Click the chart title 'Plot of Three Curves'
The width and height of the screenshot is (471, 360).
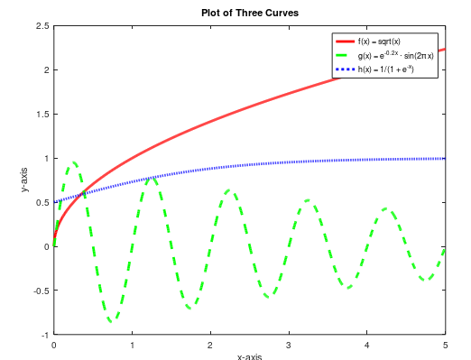pyautogui.click(x=249, y=13)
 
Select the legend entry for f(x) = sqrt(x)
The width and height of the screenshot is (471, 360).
pyautogui.click(x=381, y=42)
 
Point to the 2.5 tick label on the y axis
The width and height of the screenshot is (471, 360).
pyautogui.click(x=42, y=26)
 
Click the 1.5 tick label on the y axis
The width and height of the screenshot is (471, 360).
pyautogui.click(x=42, y=115)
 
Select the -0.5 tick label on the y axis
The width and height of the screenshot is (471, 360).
pyautogui.click(x=41, y=291)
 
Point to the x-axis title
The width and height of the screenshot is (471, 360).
pyautogui.click(x=249, y=356)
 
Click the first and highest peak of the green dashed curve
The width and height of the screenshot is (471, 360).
pyautogui.click(x=73, y=162)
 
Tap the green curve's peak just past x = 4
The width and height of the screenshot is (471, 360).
pyautogui.click(x=386, y=208)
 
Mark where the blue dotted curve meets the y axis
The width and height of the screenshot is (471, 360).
pyautogui.click(x=54, y=202)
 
